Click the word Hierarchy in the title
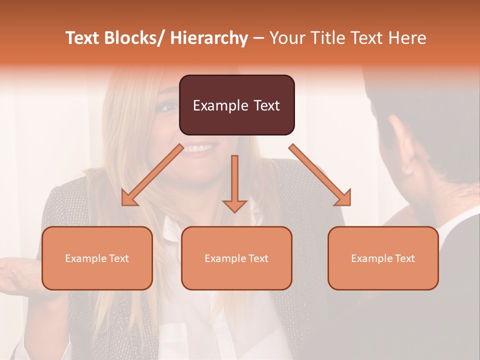pos(209,38)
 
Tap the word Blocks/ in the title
pos(133,38)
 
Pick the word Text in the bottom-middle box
pos(258,258)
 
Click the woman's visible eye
pos(169,106)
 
